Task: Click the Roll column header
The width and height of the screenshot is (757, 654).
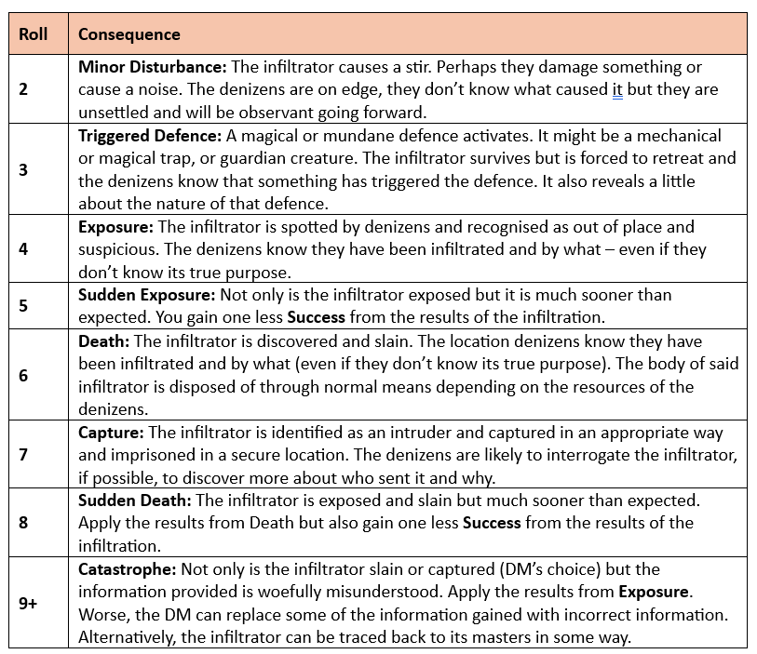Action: point(33,34)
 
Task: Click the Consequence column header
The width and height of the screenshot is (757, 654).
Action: point(129,34)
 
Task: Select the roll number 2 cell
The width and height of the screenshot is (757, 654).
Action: point(24,89)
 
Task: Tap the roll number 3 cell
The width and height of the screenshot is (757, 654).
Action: point(24,169)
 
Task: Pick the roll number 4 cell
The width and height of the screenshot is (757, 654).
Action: point(24,249)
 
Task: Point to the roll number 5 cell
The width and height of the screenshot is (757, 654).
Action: point(24,306)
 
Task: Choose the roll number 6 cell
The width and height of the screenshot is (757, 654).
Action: point(24,375)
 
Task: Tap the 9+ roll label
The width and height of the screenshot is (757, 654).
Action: point(28,603)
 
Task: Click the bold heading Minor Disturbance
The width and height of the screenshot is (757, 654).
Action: point(152,67)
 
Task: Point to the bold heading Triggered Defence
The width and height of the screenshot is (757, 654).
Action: point(155,135)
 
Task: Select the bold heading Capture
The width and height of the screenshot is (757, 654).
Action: point(111,433)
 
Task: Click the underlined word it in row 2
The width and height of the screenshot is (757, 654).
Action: point(616,90)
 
